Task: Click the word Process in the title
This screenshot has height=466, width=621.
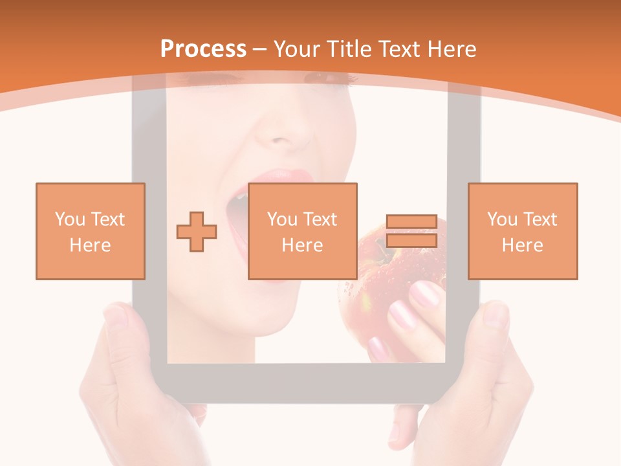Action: click(203, 49)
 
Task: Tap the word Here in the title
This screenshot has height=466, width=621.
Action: click(451, 49)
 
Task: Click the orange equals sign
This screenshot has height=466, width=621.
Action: click(411, 231)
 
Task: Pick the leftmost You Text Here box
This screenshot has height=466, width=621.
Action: click(91, 231)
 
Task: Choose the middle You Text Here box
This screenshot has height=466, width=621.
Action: click(303, 231)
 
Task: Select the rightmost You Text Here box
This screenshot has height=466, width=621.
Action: click(523, 231)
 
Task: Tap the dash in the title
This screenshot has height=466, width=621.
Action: click(260, 49)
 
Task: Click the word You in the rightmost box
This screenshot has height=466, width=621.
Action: click(502, 219)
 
